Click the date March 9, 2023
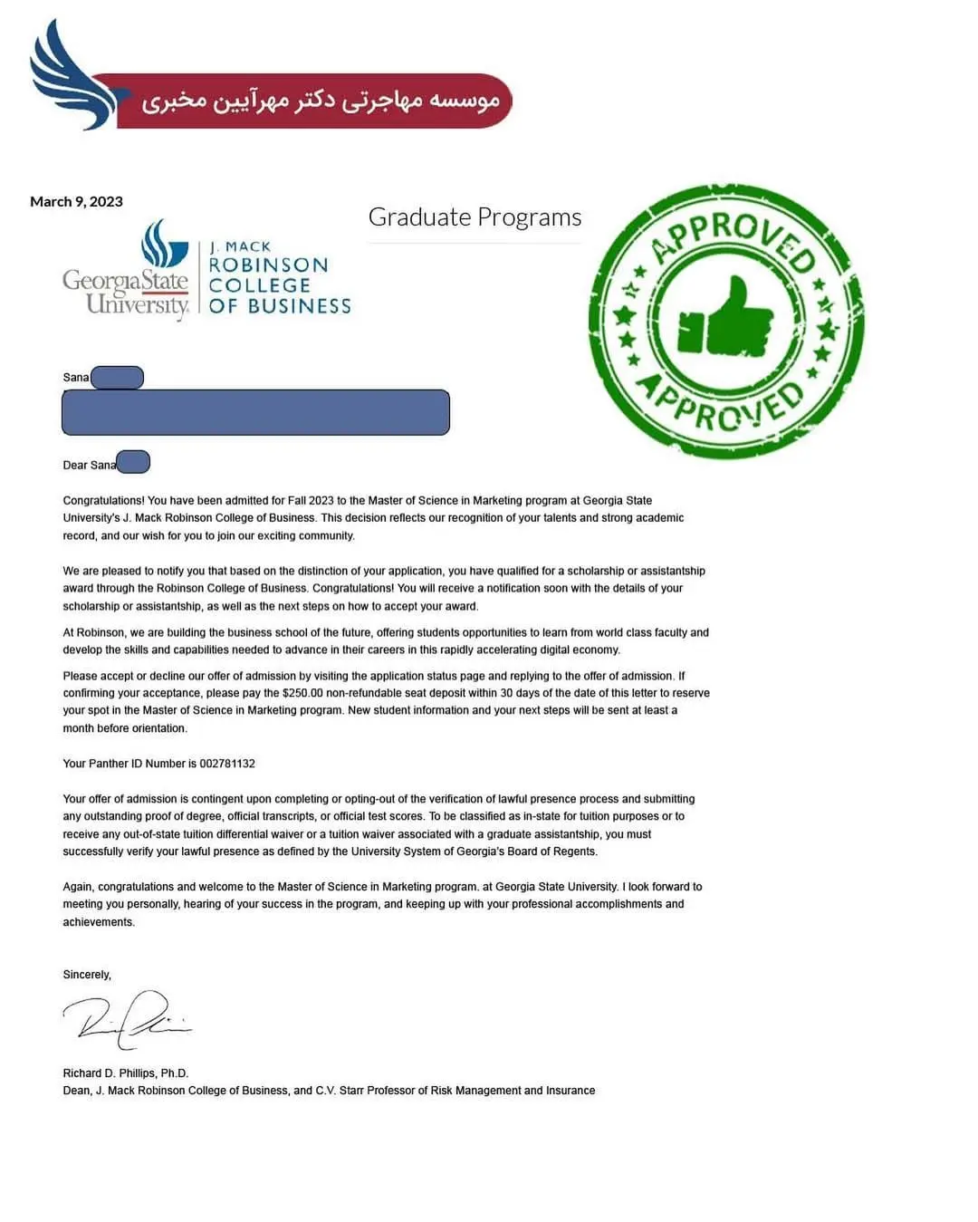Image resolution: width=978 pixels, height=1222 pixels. click(76, 201)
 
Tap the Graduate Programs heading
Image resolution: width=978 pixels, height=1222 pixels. click(475, 217)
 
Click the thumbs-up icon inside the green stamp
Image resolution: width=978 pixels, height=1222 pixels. click(727, 320)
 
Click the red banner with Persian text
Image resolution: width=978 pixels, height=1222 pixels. click(317, 101)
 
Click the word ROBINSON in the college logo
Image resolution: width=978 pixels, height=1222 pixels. click(268, 265)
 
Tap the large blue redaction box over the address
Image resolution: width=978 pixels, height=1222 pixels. click(255, 412)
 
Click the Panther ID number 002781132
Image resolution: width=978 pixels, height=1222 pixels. click(227, 764)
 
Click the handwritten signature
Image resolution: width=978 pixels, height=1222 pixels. click(127, 1016)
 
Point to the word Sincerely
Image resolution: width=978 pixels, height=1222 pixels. click(87, 975)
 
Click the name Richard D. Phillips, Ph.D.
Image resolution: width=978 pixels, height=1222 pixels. click(126, 1073)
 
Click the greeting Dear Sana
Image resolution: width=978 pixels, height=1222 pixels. click(90, 465)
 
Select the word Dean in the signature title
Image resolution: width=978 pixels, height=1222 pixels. click(77, 1091)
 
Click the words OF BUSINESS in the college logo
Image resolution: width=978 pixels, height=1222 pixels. click(280, 306)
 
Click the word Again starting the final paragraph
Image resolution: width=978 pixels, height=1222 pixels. click(78, 887)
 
